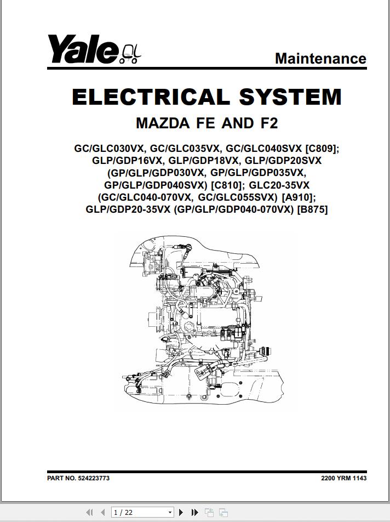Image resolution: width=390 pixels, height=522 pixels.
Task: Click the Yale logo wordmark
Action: click(x=83, y=49)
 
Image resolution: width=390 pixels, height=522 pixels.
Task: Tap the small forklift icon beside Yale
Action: click(x=130, y=54)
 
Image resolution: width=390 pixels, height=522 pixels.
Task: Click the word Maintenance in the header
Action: click(x=320, y=58)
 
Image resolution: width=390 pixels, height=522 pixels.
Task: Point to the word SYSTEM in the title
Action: click(x=290, y=97)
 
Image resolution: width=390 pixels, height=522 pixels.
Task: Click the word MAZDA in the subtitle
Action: click(x=163, y=123)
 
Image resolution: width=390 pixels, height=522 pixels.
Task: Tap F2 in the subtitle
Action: click(x=269, y=123)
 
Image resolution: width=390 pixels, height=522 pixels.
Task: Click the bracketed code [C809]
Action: click(x=322, y=148)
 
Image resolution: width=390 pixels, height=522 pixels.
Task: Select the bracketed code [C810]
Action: click(x=228, y=185)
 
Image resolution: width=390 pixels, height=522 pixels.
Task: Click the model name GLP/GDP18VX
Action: click(x=203, y=161)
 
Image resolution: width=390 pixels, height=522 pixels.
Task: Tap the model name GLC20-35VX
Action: click(x=279, y=185)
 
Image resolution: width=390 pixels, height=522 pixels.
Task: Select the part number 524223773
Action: click(x=94, y=478)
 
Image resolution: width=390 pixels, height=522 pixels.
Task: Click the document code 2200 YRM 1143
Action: click(x=344, y=478)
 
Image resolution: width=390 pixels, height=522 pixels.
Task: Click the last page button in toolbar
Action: click(x=195, y=512)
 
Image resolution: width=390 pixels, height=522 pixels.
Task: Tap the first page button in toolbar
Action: click(x=89, y=512)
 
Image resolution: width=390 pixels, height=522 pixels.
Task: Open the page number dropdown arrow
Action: click(x=170, y=512)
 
